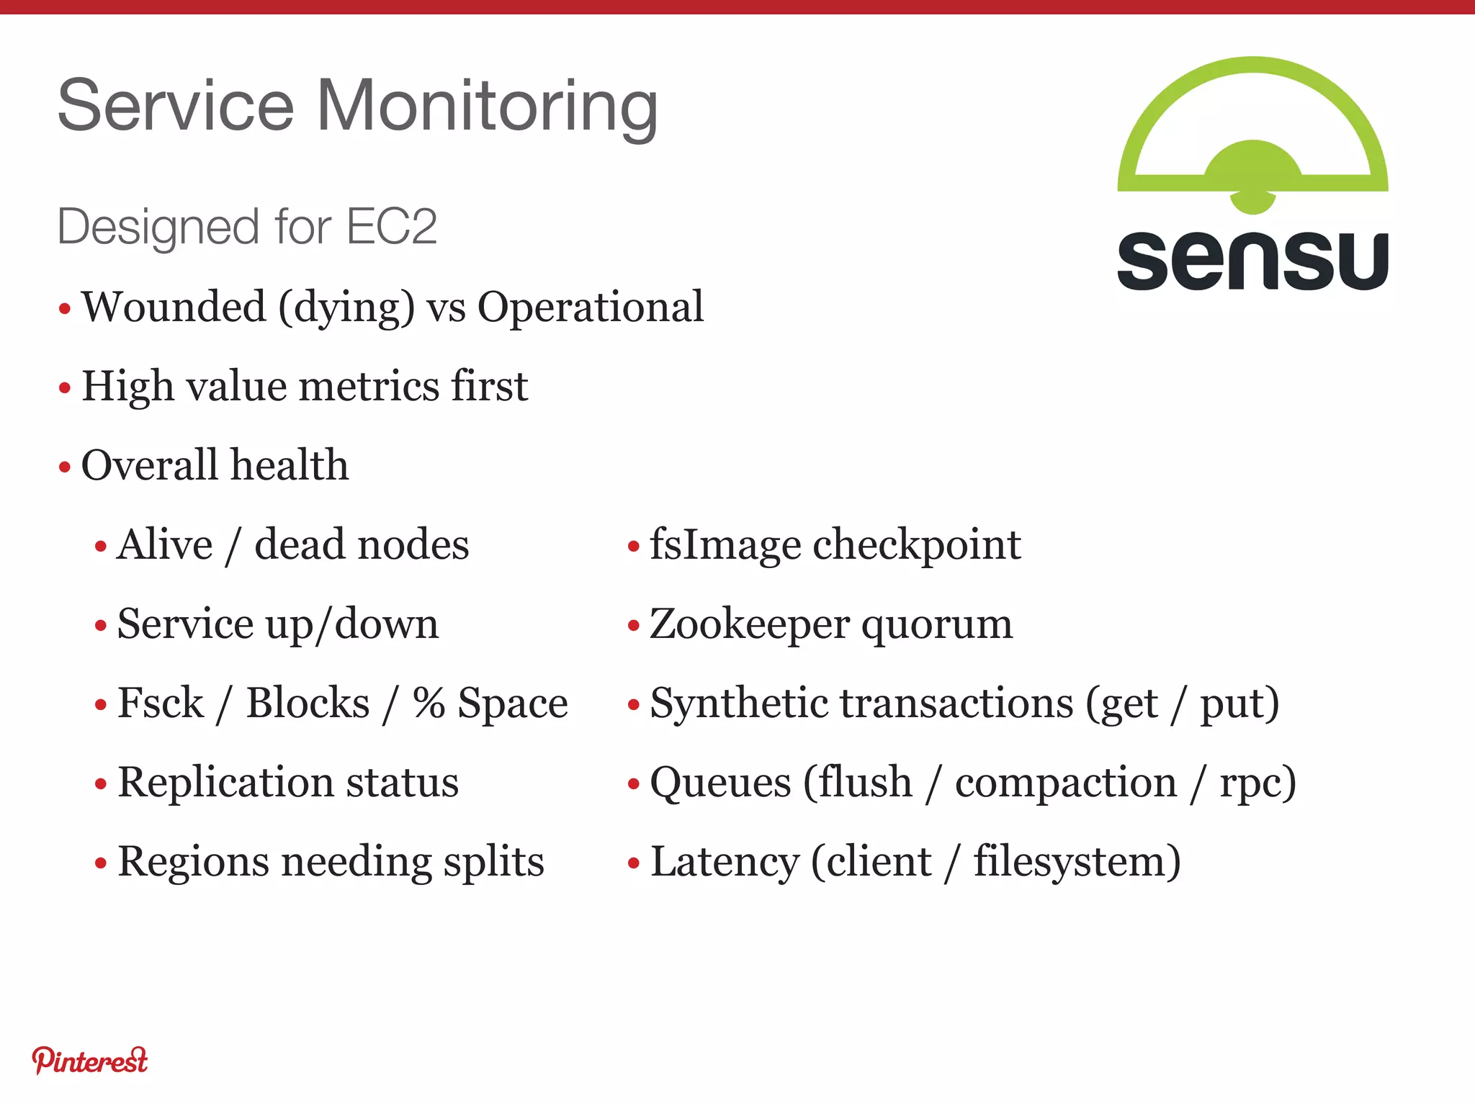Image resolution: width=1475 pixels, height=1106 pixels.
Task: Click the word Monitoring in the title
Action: (487, 107)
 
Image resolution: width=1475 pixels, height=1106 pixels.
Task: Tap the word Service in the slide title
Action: (176, 107)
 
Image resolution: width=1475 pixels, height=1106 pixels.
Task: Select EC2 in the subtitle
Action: (392, 227)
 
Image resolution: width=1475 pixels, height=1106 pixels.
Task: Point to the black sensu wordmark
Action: (1252, 261)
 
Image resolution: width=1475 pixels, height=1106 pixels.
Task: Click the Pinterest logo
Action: (90, 1061)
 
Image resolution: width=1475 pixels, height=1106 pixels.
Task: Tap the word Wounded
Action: (174, 307)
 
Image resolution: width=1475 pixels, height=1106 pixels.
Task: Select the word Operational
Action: (591, 308)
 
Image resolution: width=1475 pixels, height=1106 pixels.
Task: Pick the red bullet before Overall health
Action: (65, 467)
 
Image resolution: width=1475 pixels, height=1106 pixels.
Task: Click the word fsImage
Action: (725, 545)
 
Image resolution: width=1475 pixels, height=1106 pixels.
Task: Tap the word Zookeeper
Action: (750, 624)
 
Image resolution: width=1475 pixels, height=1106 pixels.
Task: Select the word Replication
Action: (225, 783)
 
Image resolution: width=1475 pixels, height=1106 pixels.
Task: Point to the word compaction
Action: (1066, 783)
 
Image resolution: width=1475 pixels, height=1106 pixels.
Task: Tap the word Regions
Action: (193, 862)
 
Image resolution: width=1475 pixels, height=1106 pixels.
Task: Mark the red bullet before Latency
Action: (634, 863)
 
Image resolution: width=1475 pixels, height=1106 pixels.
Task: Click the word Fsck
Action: (161, 703)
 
